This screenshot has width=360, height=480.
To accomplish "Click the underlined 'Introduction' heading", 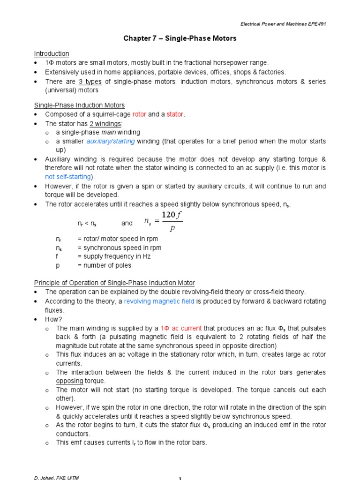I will tap(52, 53).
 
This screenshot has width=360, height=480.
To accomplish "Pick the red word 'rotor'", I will tap(139, 114).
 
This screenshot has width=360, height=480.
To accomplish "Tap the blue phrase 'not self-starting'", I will tap(69, 177).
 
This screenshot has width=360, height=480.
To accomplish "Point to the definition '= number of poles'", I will tap(104, 265).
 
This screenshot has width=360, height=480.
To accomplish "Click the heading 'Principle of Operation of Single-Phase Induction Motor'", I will tap(114, 283).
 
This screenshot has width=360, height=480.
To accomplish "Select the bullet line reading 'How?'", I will tap(53, 319).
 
